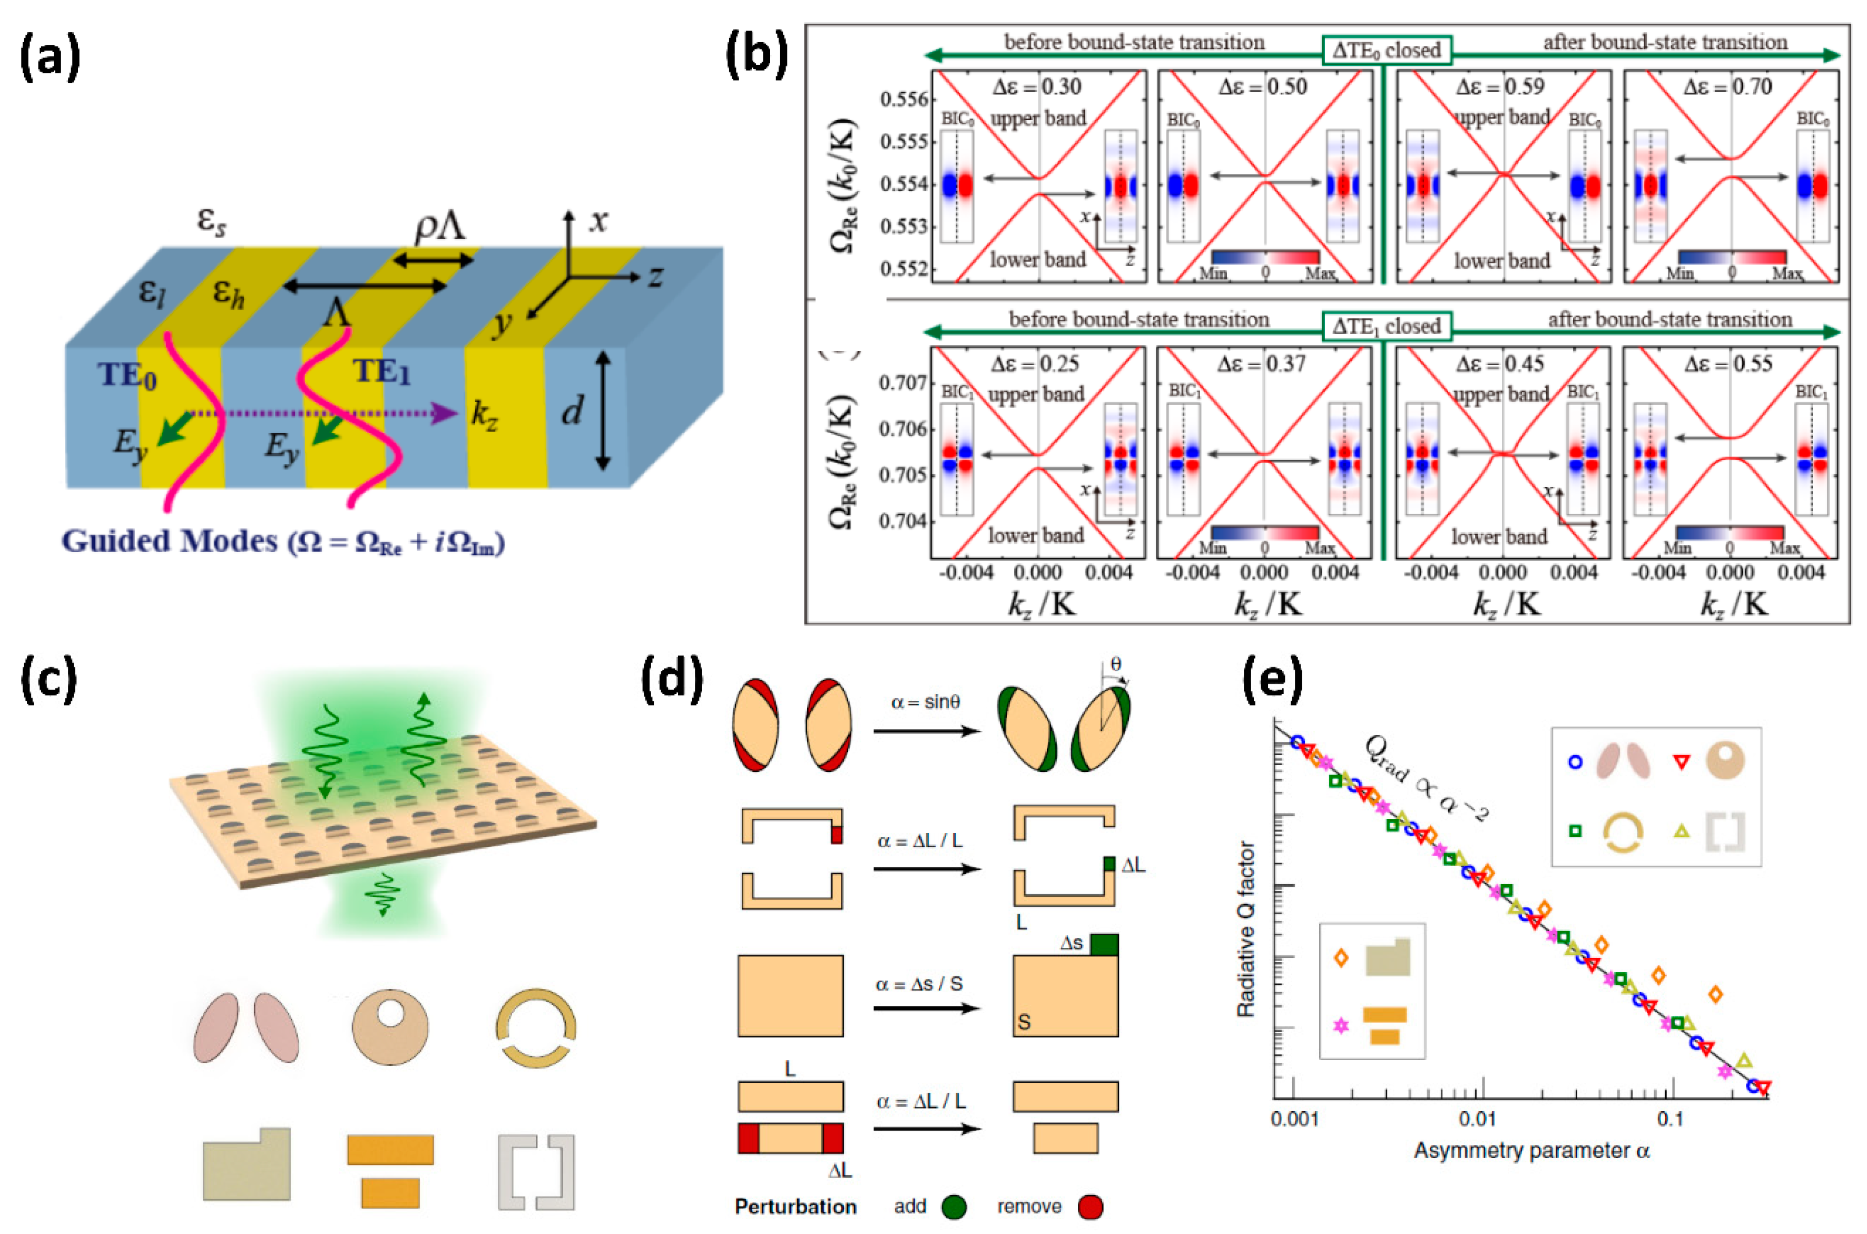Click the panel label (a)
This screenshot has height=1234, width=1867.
50,59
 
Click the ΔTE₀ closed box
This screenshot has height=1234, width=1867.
1385,51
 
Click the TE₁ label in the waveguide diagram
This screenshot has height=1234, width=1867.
381,371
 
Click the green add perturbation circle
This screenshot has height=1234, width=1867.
954,1207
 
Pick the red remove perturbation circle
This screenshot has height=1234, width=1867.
1090,1207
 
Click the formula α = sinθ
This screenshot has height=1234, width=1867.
925,702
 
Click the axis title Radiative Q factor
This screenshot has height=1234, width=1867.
1245,928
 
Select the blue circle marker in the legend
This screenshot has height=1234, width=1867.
1575,762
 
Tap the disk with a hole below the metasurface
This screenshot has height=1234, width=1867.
390,1027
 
